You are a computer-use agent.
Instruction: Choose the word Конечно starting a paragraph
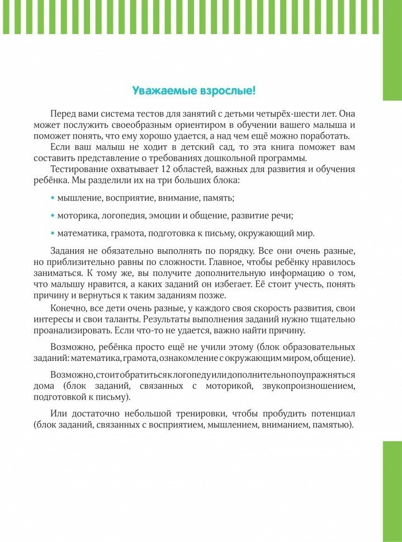click(69, 308)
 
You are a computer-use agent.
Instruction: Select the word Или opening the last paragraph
click(58, 413)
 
